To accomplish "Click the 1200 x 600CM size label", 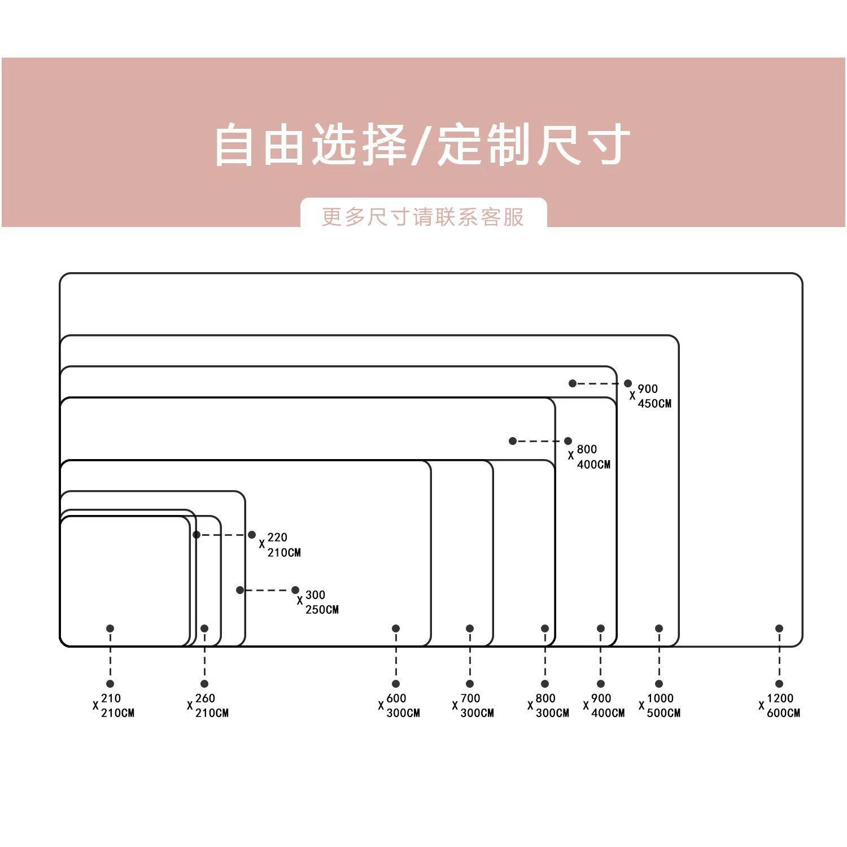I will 780,705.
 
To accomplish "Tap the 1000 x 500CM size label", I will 660,705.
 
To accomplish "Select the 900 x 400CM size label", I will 604,705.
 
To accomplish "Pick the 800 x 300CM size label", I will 549,705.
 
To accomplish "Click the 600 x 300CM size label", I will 399,705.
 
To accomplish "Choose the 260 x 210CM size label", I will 208,705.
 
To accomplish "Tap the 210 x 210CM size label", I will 114,705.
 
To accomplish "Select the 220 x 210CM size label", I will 280,544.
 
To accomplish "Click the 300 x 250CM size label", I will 318,602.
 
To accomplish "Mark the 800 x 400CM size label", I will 590,456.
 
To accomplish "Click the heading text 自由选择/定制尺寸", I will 422,145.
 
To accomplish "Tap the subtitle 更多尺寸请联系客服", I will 423,217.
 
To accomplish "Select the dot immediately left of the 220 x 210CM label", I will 252,535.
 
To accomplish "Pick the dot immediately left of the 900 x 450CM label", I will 628,383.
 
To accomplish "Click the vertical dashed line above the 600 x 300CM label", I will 396,656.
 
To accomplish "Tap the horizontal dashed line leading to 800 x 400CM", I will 540,441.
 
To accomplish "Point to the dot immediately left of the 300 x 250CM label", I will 295,590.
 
